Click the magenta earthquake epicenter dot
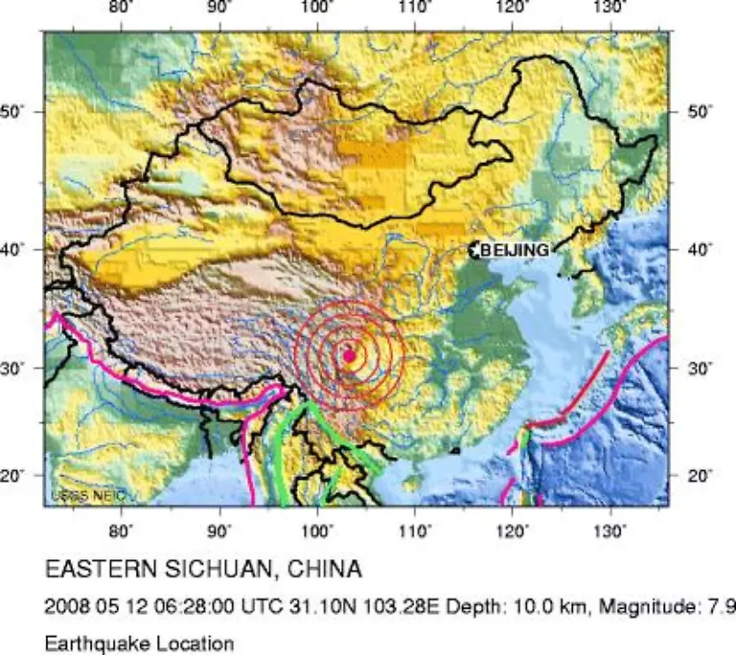pyautogui.click(x=349, y=355)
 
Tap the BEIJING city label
pyautogui.click(x=516, y=250)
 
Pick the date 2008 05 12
pyautogui.click(x=90, y=607)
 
